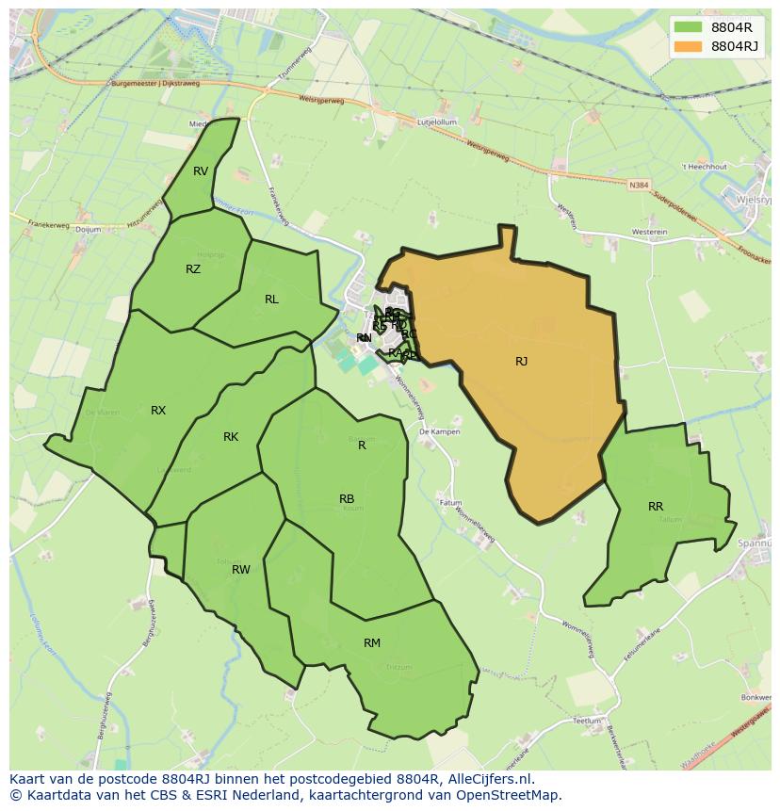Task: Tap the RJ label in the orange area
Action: pos(521,362)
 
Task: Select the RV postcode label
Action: pos(201,171)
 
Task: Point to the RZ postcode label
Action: pos(193,269)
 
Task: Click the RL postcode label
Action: pos(271,300)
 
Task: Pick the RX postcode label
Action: pos(158,411)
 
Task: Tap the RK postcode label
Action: pos(231,437)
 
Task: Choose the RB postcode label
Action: pos(347,499)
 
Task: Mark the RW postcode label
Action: pos(241,570)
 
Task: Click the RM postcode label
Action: pos(372,643)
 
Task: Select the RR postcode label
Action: pos(656,507)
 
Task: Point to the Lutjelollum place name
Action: pos(437,122)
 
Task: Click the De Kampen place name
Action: pos(439,431)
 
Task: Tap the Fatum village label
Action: pos(451,503)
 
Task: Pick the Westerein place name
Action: pos(649,232)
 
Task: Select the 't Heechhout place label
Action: pos(705,167)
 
